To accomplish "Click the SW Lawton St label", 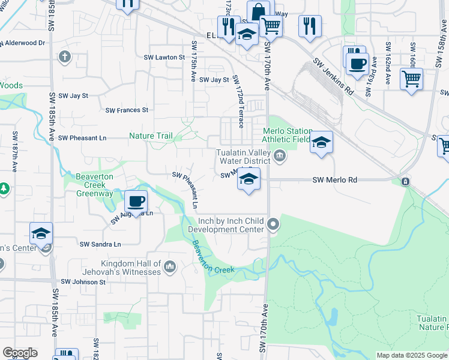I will coord(163,57).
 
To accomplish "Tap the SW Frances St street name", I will coord(127,110).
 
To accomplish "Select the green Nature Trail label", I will coord(150,136).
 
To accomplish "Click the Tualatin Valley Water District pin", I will coord(279,157).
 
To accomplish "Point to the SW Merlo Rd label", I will coord(335,180).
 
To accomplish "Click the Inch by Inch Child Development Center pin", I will coord(273,225).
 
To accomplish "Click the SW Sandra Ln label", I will coord(100,244).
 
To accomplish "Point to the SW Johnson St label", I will coord(83,281).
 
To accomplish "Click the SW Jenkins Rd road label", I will coord(333,76).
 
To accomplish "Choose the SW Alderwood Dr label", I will coord(24,43).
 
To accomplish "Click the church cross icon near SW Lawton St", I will coord(64,57).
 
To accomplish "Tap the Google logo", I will coord(20,353).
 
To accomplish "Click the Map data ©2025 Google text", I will coord(411,355).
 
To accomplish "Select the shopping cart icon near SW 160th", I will coord(411,78).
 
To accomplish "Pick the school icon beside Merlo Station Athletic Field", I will coord(321,142).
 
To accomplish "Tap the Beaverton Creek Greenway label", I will coord(95,185).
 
